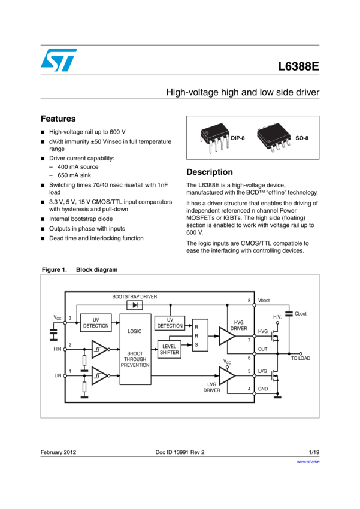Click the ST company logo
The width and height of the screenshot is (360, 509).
(x=59, y=60)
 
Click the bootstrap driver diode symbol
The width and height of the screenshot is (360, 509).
(x=135, y=305)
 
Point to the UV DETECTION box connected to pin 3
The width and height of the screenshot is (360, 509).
(x=96, y=323)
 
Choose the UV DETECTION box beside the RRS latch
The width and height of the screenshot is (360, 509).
(x=170, y=323)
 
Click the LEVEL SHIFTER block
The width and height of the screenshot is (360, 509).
(x=170, y=350)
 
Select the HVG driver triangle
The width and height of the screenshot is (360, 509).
(x=226, y=336)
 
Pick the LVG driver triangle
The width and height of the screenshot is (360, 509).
(x=226, y=375)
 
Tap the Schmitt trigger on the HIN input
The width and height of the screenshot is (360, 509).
(x=99, y=349)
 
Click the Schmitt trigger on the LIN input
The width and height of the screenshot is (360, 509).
(x=99, y=375)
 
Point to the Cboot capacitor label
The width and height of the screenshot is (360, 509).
(x=301, y=314)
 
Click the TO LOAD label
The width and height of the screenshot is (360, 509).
(x=301, y=358)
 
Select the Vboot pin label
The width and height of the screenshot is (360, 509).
(x=264, y=301)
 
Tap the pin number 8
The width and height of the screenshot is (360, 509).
(x=249, y=301)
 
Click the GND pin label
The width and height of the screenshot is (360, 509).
(x=263, y=389)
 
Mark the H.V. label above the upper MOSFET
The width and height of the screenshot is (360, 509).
(x=277, y=317)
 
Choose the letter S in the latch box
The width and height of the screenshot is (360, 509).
(x=196, y=345)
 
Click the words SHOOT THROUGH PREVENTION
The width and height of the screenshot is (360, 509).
(x=135, y=359)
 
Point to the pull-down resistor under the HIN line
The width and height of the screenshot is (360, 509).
(x=84, y=360)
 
